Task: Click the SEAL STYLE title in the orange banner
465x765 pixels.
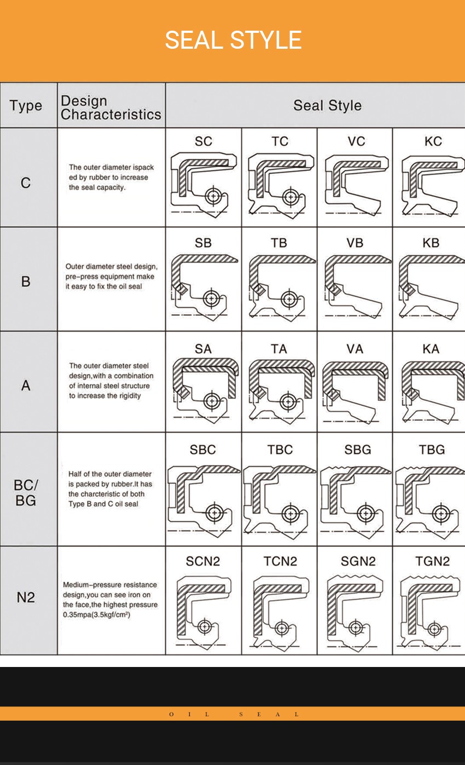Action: (x=233, y=40)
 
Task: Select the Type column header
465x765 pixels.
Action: (x=26, y=106)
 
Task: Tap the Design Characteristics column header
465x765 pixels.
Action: (x=111, y=107)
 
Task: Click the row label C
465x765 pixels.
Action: (x=26, y=183)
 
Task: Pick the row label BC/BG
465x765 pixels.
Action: (x=26, y=492)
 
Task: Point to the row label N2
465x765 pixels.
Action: (x=26, y=597)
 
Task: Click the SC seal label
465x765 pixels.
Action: (x=203, y=141)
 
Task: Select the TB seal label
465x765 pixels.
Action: (x=279, y=243)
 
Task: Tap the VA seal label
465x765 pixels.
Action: (x=354, y=348)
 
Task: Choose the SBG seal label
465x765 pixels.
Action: (x=358, y=450)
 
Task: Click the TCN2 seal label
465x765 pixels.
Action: (x=280, y=561)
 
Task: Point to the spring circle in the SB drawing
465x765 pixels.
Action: (x=212, y=299)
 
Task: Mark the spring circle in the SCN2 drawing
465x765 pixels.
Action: (x=205, y=626)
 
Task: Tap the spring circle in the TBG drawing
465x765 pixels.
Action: (x=441, y=514)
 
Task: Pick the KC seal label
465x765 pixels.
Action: (x=433, y=141)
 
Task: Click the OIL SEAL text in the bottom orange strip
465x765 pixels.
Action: (x=234, y=714)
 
